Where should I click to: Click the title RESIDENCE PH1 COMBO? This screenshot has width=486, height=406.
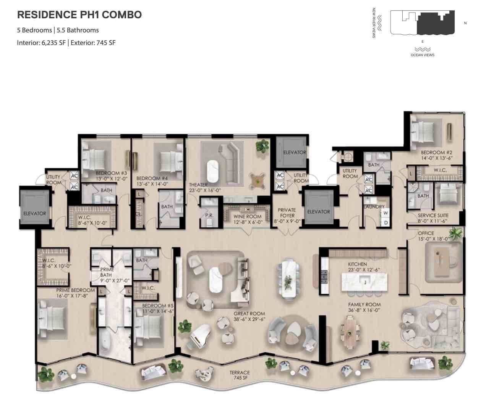[x=79, y=15]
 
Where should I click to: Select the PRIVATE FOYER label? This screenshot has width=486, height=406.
[x=287, y=213]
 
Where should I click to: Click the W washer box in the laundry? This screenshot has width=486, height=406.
[x=386, y=213]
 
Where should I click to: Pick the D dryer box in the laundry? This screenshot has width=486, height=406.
[x=386, y=222]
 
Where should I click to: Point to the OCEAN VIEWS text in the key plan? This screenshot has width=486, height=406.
[x=422, y=55]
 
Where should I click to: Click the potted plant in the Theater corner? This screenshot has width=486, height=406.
[x=262, y=145]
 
